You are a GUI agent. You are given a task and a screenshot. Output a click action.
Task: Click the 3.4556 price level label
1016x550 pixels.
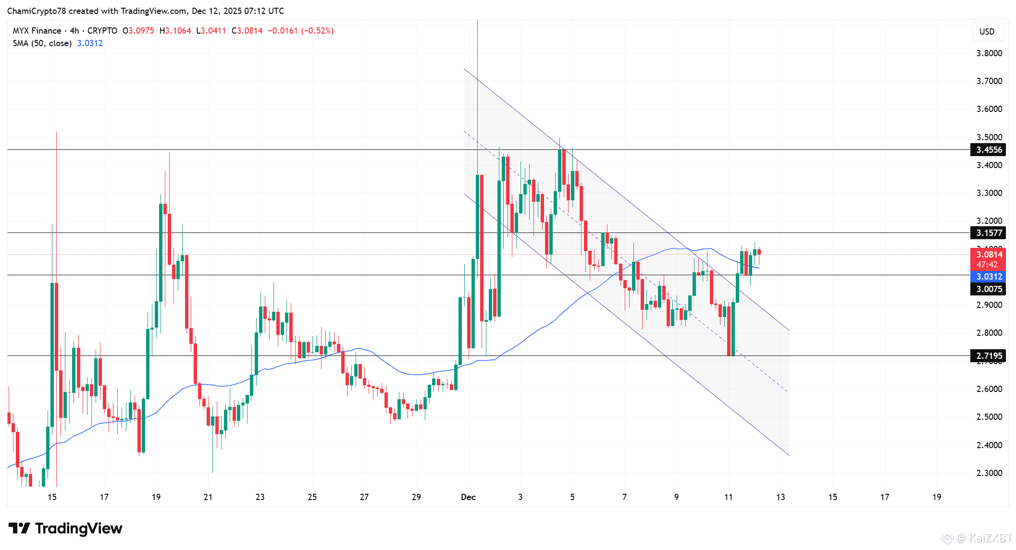click(x=988, y=150)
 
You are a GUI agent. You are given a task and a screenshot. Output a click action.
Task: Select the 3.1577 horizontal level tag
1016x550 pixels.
click(x=988, y=233)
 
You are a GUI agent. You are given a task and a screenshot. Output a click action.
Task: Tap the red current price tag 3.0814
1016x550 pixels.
click(x=988, y=255)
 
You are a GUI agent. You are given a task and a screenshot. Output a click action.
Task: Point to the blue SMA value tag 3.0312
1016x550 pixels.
click(x=988, y=277)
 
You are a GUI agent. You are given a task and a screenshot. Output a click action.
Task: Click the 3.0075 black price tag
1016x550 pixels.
click(x=988, y=289)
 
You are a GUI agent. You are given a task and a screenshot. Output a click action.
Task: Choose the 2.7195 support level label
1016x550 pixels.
click(x=988, y=356)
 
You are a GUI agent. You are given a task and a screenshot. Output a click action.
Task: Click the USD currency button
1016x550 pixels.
click(x=987, y=32)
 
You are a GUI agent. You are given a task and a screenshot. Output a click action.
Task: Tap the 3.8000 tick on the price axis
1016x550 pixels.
click(x=989, y=53)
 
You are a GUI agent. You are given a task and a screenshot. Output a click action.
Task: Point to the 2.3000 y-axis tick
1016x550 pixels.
click(x=989, y=473)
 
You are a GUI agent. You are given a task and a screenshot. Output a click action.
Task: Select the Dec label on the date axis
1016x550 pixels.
click(x=468, y=497)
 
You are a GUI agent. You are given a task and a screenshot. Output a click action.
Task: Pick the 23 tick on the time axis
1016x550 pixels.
click(x=260, y=497)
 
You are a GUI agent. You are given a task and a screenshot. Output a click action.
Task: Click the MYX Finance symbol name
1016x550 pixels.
click(x=37, y=31)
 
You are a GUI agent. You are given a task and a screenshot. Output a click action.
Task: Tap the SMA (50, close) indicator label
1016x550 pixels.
click(x=42, y=43)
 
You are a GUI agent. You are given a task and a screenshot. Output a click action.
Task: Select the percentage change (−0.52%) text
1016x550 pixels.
click(x=317, y=31)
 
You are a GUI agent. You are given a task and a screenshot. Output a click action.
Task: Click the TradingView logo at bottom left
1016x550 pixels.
click(x=65, y=528)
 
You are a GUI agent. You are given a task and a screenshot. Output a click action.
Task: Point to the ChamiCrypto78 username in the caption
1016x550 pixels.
click(x=36, y=11)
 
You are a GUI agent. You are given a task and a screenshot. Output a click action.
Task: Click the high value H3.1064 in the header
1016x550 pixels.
click(x=175, y=31)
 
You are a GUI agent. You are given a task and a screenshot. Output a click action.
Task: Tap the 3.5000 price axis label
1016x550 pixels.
click(x=989, y=137)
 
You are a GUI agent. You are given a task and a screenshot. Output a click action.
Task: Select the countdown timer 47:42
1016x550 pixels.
click(x=987, y=265)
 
